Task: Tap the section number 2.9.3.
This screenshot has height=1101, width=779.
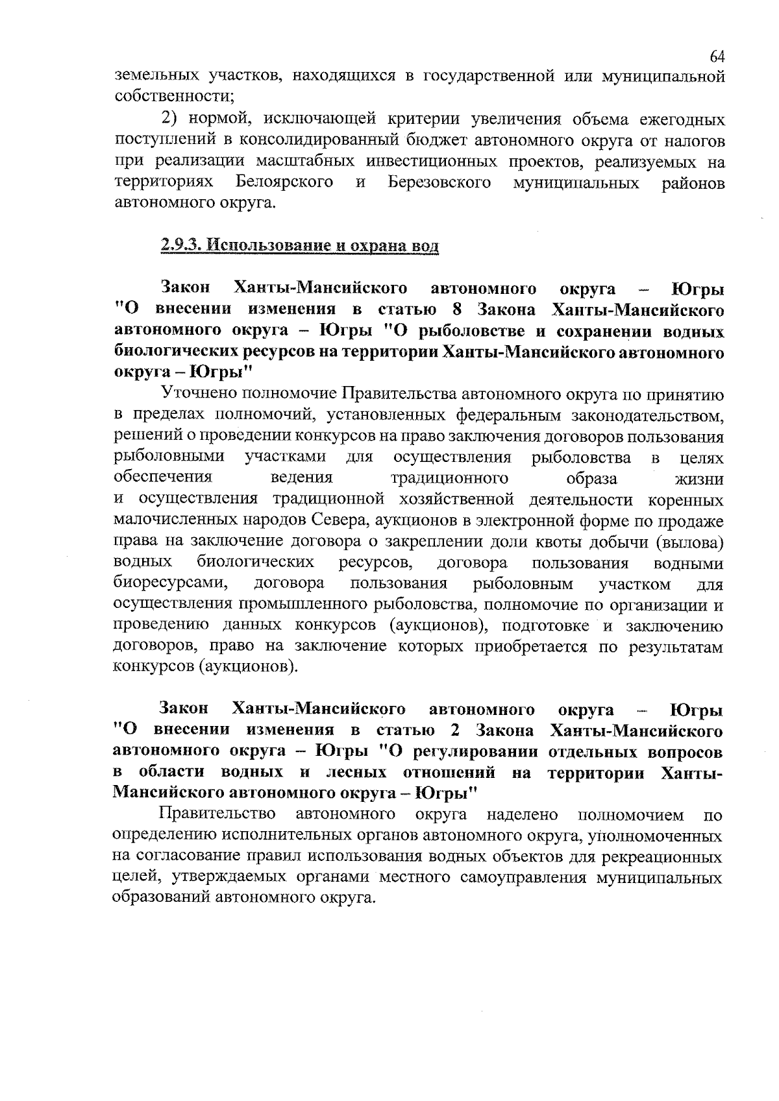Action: pyautogui.click(x=182, y=247)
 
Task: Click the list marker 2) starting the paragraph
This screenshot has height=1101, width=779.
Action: pyautogui.click(x=169, y=119)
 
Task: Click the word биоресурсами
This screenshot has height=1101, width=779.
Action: pyautogui.click(x=169, y=583)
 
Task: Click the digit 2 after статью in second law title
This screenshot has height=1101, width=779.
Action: pyautogui.click(x=455, y=731)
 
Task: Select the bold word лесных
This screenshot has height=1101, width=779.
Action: pyautogui.click(x=356, y=772)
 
